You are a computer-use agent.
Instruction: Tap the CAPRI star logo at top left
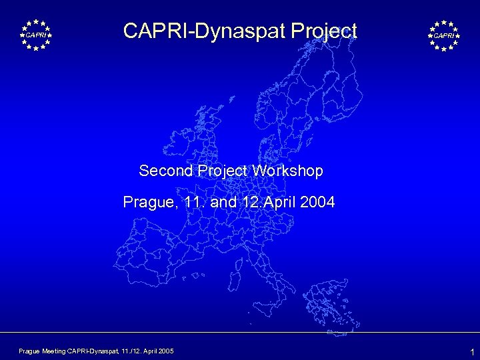point(35,35)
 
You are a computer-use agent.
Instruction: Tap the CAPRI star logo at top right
point(444,35)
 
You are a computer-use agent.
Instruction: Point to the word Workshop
point(288,171)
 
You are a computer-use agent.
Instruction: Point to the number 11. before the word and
point(193,201)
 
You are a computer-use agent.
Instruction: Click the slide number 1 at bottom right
point(472,351)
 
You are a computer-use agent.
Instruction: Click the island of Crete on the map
point(333,321)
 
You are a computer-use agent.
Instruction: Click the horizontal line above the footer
point(240,332)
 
